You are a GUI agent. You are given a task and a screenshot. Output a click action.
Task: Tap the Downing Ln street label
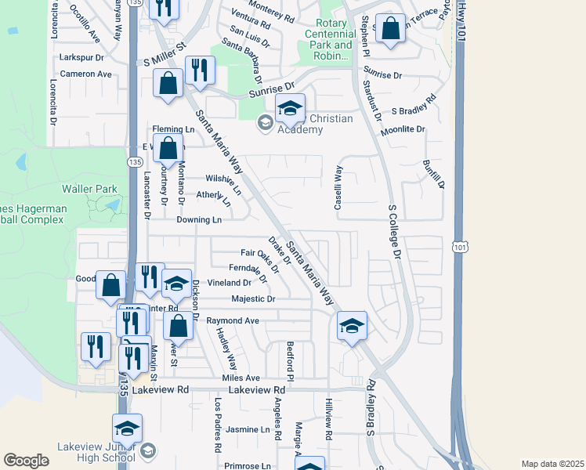coord(199,221)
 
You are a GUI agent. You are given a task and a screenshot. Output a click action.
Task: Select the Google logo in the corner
coord(26,461)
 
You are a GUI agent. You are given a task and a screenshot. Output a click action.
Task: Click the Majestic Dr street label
coord(254,299)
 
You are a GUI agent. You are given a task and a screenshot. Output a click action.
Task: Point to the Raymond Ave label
coord(233,321)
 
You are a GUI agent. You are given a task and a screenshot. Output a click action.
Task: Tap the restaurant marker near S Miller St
coord(200,72)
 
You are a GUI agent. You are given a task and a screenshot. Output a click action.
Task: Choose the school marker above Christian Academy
coord(290,110)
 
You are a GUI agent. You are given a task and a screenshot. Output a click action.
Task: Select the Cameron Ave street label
coord(86,74)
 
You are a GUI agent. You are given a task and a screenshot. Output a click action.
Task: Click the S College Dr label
coord(395,233)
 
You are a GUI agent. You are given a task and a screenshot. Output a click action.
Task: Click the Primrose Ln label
coord(248,465)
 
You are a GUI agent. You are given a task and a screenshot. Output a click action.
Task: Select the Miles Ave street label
coord(241,378)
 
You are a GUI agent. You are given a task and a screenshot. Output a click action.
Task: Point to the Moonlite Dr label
coord(403,128)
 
